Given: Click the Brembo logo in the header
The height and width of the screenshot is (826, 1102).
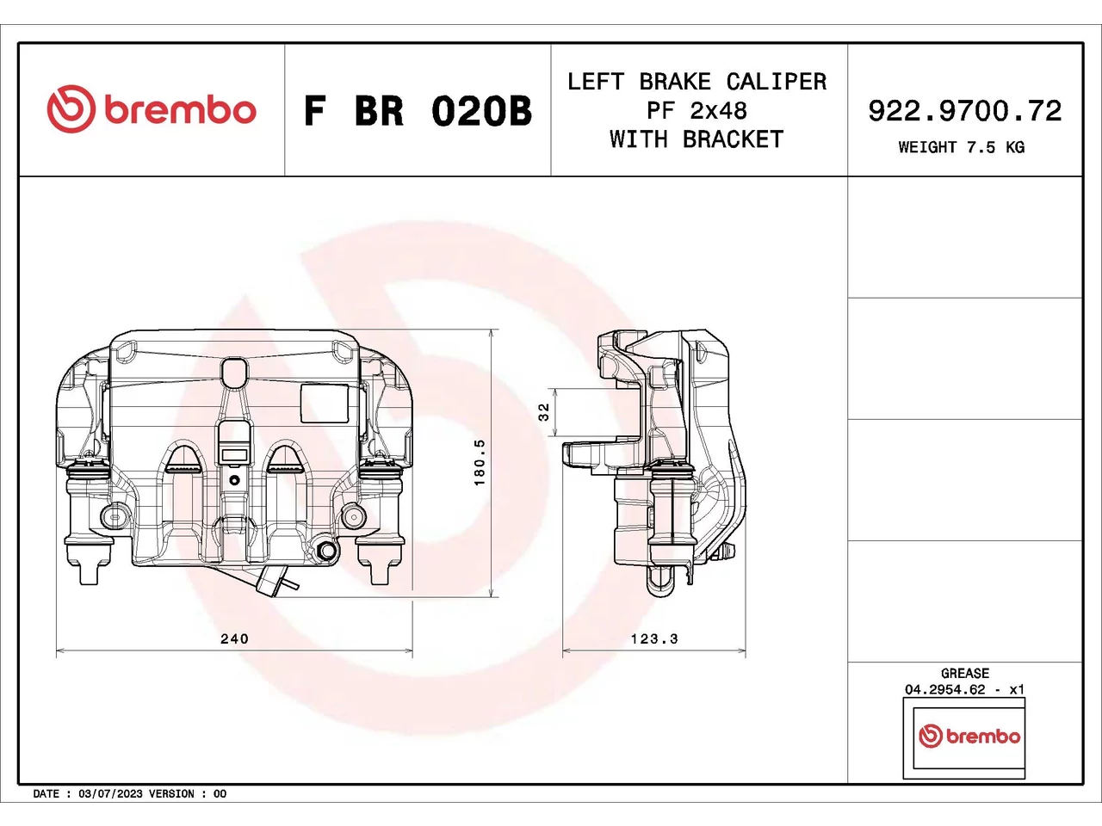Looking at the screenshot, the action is click(152, 108).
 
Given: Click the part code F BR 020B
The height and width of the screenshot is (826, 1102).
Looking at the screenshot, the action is click(418, 111).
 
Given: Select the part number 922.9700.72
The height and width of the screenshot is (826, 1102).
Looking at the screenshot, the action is click(965, 111).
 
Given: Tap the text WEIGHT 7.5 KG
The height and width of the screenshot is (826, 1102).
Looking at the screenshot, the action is click(962, 147).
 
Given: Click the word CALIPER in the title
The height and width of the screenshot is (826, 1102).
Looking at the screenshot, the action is click(777, 81).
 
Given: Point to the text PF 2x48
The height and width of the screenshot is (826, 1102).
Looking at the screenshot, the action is click(696, 110).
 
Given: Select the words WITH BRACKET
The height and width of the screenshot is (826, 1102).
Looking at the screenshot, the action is click(696, 139).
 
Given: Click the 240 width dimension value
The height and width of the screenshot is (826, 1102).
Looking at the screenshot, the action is click(234, 638).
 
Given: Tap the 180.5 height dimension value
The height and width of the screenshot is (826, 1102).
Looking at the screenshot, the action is click(480, 462).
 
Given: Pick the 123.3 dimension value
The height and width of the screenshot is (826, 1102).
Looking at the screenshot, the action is click(654, 638).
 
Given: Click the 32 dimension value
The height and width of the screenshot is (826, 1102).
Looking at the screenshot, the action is click(544, 412).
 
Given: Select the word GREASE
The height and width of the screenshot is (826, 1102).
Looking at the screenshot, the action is click(965, 673).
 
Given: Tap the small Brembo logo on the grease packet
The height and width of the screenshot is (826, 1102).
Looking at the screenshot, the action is click(969, 737).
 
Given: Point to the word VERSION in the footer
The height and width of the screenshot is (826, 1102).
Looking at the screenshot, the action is click(170, 794).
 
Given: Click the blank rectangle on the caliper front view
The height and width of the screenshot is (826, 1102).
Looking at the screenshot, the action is click(325, 404).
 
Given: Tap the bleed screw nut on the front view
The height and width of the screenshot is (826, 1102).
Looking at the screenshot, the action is click(327, 551).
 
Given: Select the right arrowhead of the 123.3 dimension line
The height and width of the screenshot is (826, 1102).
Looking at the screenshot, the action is click(741, 651).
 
